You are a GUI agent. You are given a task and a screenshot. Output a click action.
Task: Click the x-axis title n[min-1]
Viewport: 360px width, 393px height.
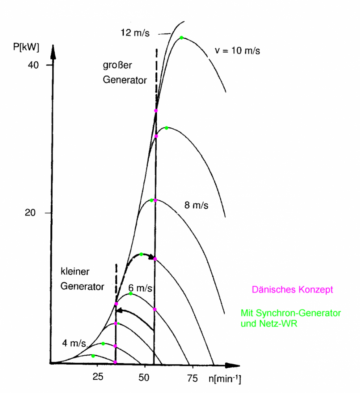point(225,380)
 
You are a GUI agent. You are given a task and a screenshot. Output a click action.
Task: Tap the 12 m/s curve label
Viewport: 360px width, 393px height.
point(135,32)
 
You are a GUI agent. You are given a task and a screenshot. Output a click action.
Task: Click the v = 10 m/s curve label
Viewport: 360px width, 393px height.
point(237,51)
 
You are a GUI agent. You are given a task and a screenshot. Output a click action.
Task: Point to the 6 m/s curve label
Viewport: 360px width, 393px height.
point(140,288)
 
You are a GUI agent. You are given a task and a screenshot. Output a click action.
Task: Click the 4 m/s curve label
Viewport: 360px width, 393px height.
point(74,343)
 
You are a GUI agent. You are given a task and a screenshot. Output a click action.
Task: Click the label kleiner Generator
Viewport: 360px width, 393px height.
point(82,279)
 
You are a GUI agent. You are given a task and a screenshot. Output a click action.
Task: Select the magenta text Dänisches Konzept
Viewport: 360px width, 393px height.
point(292,290)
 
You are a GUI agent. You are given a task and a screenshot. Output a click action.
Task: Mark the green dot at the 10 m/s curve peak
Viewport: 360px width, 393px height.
point(181,38)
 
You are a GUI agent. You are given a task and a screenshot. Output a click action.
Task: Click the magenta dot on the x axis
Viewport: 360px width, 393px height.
point(115,362)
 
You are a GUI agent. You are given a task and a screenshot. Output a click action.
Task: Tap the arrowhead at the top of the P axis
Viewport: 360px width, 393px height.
point(50,51)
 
